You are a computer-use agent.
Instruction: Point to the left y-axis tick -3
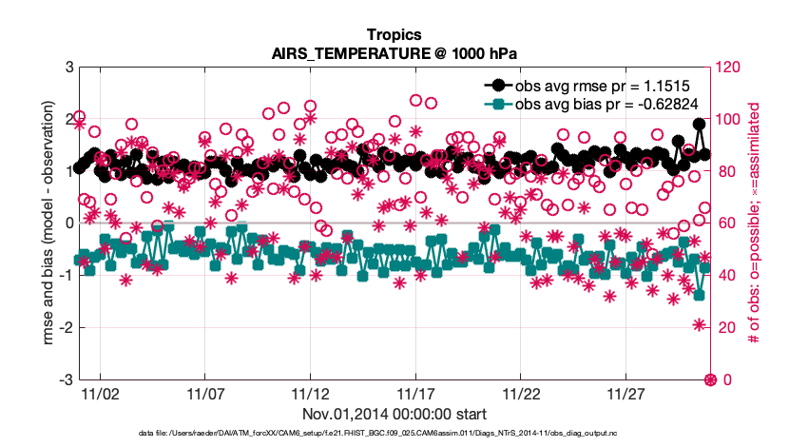click(67, 379)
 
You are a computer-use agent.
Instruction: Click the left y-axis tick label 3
click(69, 68)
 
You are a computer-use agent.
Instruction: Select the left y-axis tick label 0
click(69, 223)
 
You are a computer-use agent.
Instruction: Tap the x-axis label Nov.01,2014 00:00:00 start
click(394, 414)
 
